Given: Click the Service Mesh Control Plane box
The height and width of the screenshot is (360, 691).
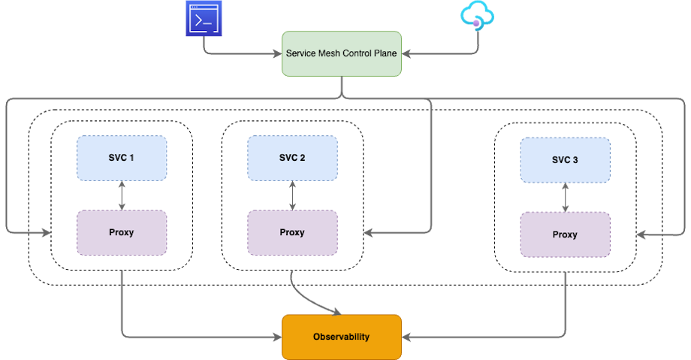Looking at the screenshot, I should point(342,53).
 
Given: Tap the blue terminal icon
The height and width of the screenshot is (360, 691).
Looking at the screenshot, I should point(202,19).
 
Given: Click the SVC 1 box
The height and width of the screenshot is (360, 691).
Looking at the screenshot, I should point(122,158).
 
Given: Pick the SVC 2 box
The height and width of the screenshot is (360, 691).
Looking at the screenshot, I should point(292,158).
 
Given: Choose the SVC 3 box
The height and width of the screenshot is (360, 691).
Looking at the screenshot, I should point(565,159).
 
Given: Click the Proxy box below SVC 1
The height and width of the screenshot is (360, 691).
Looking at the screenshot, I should point(122,232).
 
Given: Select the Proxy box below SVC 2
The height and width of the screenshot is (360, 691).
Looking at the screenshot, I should point(292,232).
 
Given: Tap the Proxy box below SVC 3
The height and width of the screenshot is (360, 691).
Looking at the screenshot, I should point(565,234).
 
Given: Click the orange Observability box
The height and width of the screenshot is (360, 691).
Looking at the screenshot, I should point(342,337).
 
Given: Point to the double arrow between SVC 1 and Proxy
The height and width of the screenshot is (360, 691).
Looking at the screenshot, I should point(122,195).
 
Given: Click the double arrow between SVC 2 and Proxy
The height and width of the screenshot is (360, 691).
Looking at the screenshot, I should point(292,195).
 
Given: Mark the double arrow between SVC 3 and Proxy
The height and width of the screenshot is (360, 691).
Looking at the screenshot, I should point(565,197).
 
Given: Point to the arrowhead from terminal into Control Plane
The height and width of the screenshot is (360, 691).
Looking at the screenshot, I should point(276,53).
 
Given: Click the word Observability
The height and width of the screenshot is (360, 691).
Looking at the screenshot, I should point(342,337).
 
